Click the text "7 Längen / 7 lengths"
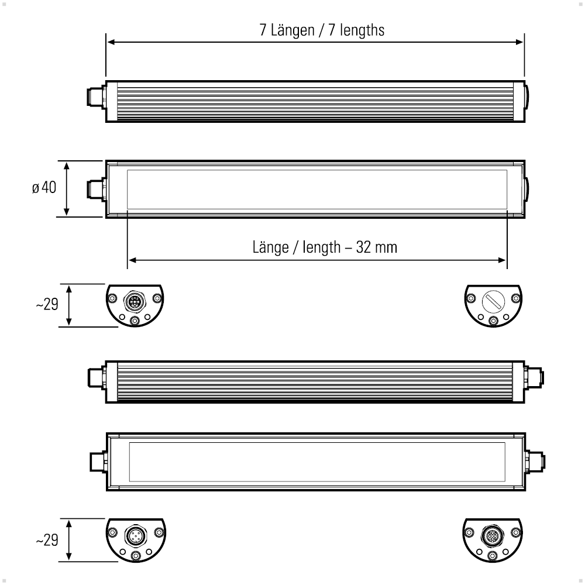(322, 30)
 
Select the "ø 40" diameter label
(44, 188)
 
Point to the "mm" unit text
(386, 247)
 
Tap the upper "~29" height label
(47, 305)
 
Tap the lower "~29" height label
(47, 540)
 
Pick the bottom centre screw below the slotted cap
(494, 320)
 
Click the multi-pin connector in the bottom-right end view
(492, 535)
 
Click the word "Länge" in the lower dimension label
(270, 247)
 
